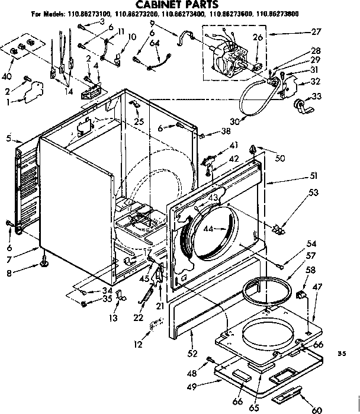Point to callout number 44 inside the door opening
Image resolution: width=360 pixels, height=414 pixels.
208,228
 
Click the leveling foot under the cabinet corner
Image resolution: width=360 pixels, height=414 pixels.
45,261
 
